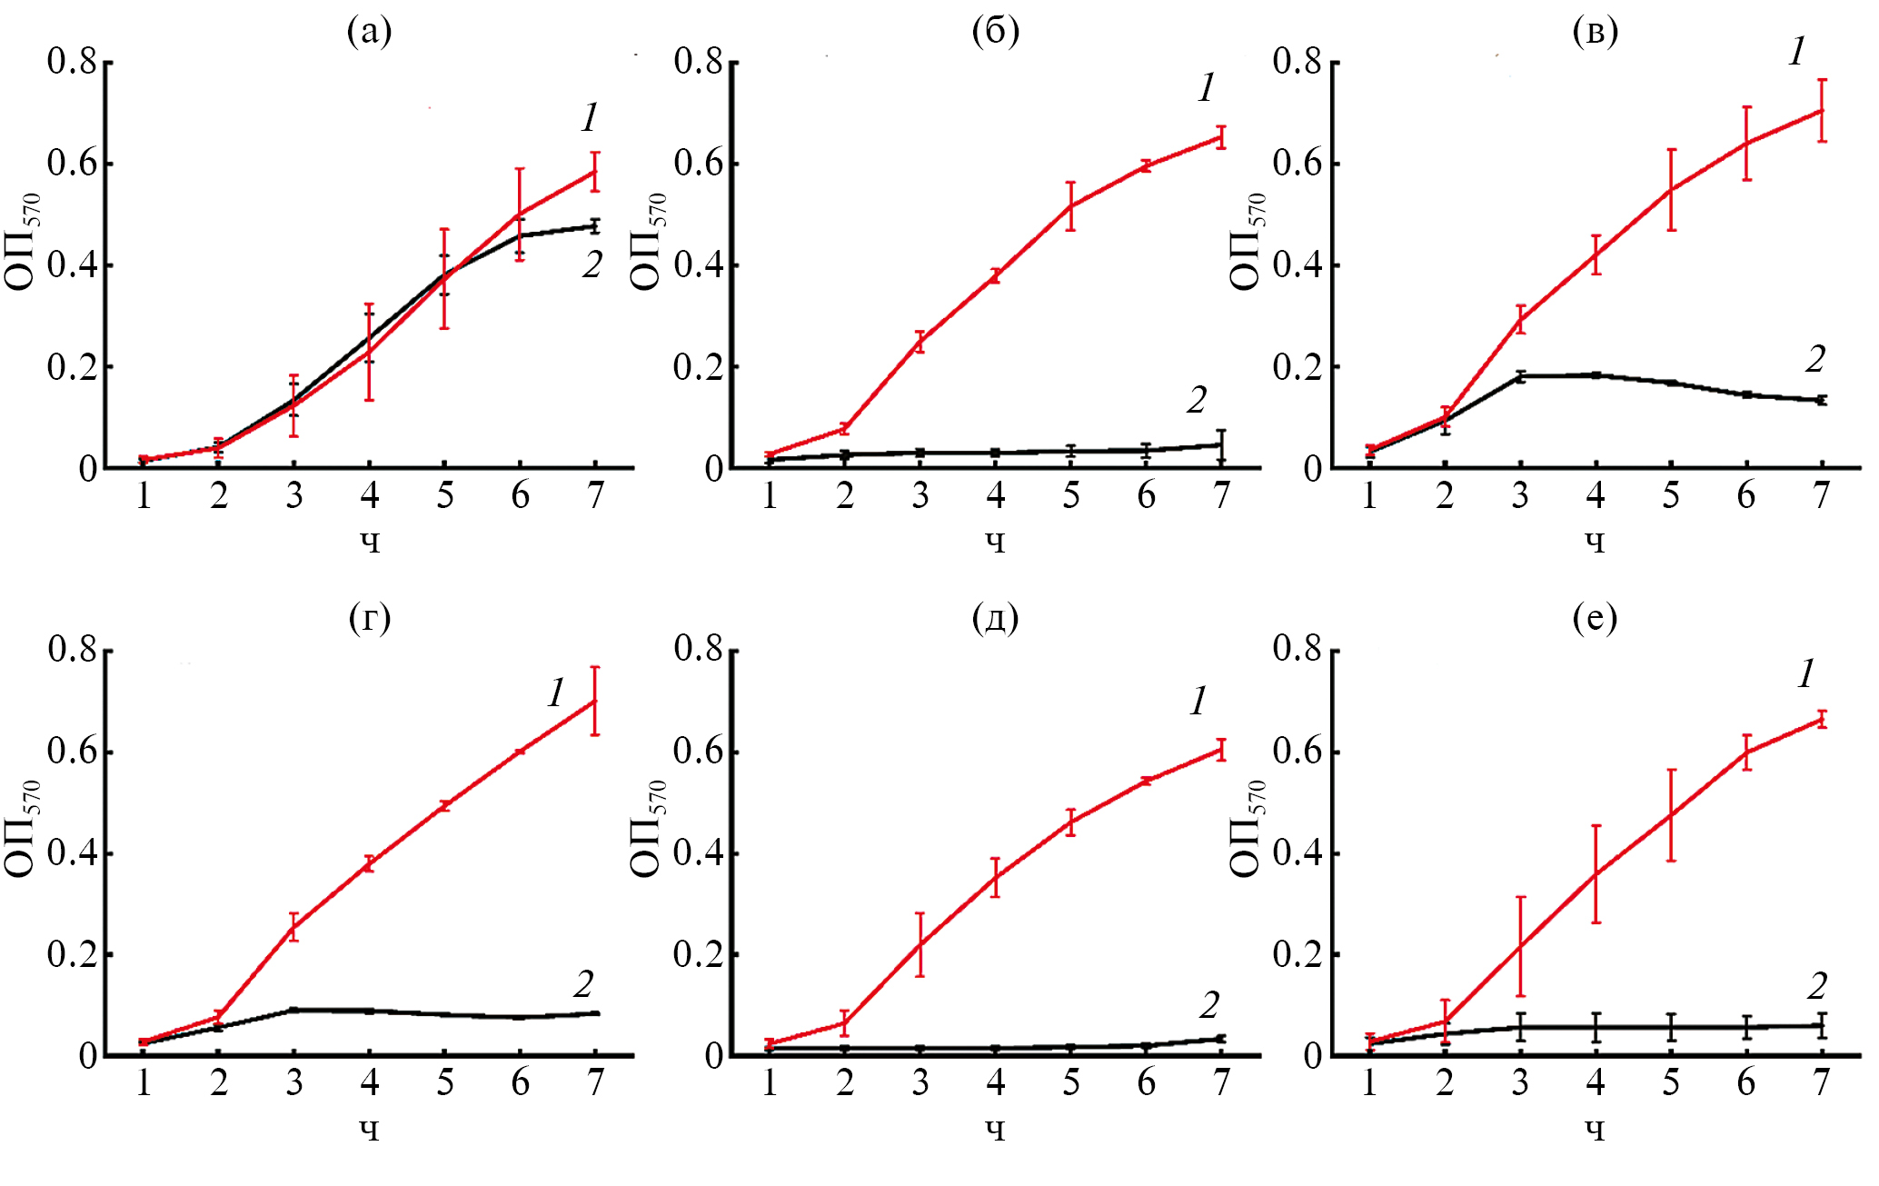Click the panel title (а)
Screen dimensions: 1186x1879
370,33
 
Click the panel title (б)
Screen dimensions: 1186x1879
996,33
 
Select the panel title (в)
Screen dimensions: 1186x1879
1595,33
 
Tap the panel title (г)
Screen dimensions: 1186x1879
370,619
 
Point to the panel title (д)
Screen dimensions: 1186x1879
996,619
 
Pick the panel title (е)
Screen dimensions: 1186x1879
1595,619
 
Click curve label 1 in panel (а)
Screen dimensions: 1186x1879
590,117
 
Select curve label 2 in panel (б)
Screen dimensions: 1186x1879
1197,400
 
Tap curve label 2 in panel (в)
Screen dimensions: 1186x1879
1814,360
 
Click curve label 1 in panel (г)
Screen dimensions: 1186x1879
556,693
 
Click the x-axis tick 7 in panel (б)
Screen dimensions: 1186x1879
1222,496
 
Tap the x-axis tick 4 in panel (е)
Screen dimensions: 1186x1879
1596,1083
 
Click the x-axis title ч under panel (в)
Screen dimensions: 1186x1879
1595,543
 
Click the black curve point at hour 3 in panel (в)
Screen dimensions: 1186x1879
1520,376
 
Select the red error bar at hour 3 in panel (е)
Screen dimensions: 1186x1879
1520,946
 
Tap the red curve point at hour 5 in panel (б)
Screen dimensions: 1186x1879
1071,206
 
